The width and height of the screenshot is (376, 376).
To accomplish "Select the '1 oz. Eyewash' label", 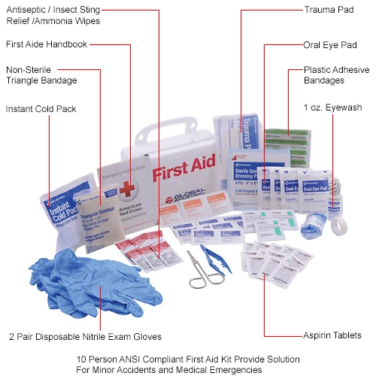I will (332, 108).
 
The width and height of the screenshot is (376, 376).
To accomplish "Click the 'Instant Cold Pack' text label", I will (41, 109).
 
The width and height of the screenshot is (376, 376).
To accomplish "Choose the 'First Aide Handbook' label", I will (46, 44).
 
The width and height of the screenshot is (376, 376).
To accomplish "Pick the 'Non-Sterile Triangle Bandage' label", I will (41, 75).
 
